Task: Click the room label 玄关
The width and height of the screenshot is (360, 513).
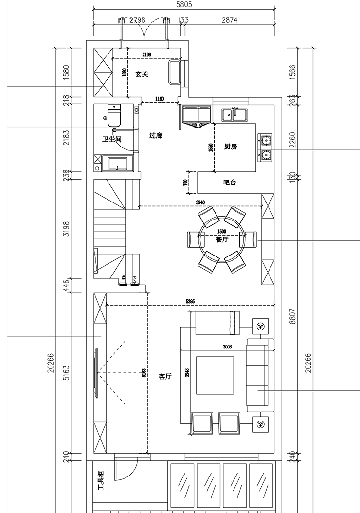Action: [142, 74]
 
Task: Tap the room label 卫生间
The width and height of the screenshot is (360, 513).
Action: [111, 139]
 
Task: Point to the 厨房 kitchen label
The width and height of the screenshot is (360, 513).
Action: [231, 147]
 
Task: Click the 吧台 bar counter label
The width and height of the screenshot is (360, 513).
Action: [230, 183]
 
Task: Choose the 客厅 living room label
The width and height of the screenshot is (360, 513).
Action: [165, 376]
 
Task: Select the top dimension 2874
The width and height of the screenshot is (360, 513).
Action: [229, 20]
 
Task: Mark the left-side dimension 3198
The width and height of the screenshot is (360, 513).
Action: [67, 229]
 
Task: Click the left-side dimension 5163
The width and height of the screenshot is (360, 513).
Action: [67, 373]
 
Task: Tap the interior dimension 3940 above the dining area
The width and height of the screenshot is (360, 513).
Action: [200, 202]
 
